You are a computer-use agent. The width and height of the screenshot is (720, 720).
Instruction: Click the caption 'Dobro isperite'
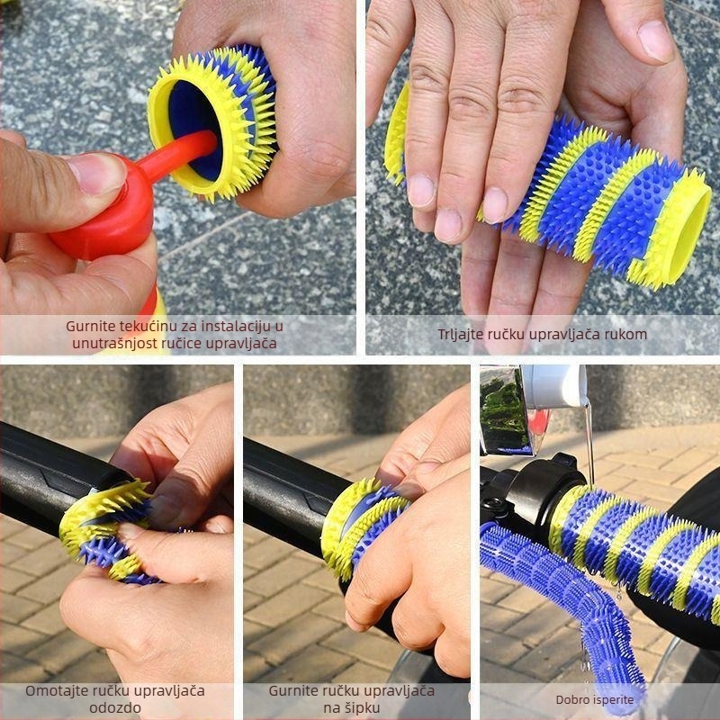[x=594, y=699]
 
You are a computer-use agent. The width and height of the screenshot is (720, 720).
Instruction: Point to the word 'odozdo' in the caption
[x=114, y=708]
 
